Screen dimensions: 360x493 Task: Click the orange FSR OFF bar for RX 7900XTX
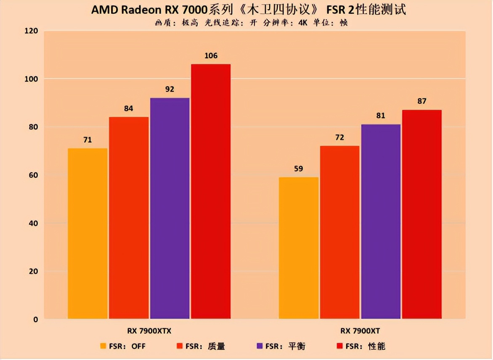[87, 233]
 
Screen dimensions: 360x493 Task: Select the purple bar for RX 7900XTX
[170, 208]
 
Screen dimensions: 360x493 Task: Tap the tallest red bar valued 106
[211, 191]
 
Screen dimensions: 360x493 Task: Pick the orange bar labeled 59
[299, 248]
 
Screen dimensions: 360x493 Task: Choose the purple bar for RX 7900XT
[381, 222]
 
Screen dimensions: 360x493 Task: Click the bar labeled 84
[129, 218]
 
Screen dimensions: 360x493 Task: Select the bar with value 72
[340, 232]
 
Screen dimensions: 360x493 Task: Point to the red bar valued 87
[421, 214]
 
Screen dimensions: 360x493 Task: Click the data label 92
[170, 90]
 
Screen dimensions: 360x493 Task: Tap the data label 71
[87, 140]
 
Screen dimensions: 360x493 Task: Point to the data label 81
[381, 116]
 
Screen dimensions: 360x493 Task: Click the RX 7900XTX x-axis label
[149, 331]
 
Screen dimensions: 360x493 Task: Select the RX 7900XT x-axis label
[360, 331]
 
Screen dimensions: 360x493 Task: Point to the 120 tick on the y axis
[32, 31]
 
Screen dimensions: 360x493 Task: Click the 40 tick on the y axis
[33, 223]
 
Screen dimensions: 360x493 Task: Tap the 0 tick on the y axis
[35, 320]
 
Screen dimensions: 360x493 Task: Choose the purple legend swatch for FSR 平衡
[260, 347]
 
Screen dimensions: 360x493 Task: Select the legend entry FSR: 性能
[361, 347]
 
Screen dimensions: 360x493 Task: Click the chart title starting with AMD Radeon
[248, 10]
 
